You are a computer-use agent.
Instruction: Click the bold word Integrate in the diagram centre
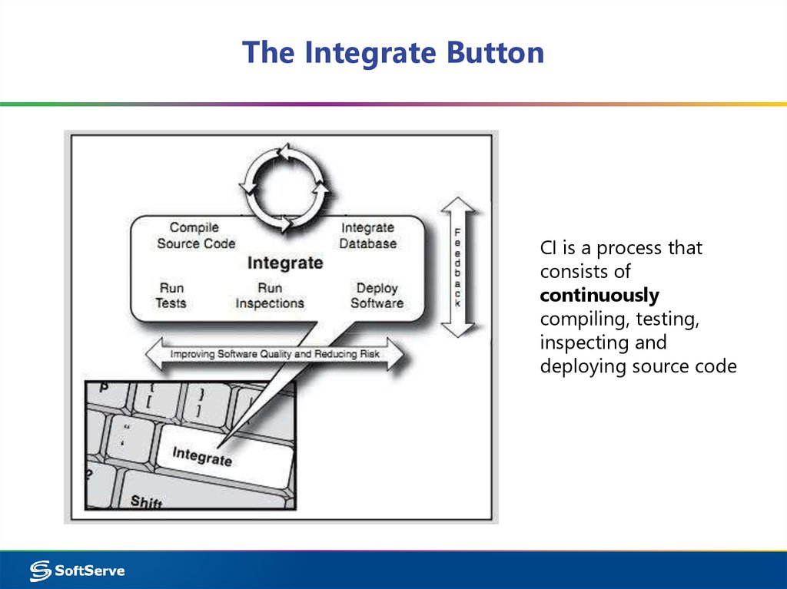(285, 263)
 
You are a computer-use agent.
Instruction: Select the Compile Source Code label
(195, 235)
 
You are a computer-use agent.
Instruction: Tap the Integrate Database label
(368, 235)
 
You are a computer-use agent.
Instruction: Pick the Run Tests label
(171, 295)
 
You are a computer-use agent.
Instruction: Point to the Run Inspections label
(270, 295)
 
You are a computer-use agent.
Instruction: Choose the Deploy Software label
(377, 295)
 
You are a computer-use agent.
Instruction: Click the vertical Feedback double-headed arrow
(459, 266)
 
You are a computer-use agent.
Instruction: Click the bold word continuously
(599, 295)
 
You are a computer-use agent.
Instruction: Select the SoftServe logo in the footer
(77, 571)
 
